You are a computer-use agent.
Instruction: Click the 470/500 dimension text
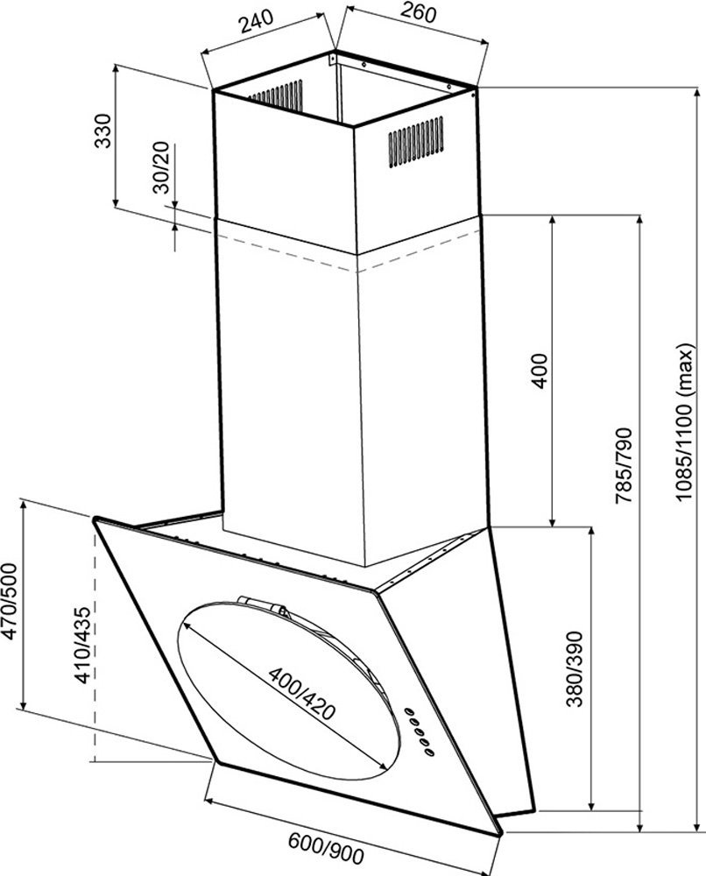click(11, 604)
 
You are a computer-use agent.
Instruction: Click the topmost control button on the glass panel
click(409, 710)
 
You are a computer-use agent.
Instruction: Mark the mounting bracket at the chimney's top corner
click(334, 60)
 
